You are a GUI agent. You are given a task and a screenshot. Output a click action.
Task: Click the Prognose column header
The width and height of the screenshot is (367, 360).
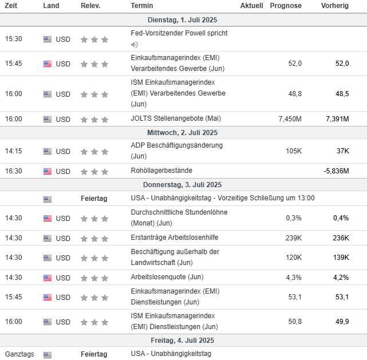point(285,6)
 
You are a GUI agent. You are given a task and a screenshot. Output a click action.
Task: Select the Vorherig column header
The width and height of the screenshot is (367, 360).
point(335,6)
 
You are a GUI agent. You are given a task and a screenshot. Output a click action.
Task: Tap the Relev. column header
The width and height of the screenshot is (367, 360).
point(90,6)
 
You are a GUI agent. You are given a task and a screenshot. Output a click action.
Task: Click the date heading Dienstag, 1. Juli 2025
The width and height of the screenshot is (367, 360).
point(183,20)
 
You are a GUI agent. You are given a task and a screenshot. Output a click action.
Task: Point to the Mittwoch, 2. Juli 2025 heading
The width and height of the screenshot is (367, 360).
point(183,133)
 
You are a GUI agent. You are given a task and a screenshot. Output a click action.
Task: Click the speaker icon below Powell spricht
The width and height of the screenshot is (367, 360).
point(135,45)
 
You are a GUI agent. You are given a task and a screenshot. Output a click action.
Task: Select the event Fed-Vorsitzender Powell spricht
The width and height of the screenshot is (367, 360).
point(179,33)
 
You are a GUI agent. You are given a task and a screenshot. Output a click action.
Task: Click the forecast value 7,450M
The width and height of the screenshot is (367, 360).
point(290,119)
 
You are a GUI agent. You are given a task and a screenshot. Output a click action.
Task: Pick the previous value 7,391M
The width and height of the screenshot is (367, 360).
point(337,119)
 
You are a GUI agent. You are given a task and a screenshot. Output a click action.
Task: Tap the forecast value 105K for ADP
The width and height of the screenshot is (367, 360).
point(294,151)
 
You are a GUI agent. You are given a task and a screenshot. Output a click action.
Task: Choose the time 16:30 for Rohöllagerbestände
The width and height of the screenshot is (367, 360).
point(14,171)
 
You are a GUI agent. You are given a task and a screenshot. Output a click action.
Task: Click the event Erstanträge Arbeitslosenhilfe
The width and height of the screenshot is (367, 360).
point(174,238)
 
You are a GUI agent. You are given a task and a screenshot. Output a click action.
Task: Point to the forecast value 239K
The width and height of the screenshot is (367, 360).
point(293,238)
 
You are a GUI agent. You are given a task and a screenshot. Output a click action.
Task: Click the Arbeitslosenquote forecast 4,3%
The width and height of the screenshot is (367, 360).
point(294,278)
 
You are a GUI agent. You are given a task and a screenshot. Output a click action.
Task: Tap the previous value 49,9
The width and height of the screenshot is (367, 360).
point(341,322)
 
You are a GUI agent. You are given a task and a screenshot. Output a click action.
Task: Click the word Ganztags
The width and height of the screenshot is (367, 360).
point(19,354)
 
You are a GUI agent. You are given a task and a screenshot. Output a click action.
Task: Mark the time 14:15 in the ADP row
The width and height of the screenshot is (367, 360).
point(14,151)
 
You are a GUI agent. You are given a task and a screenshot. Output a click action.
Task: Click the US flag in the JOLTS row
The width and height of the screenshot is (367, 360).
point(48,120)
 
